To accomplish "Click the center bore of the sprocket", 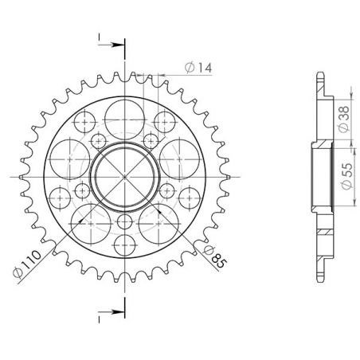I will point(124,176).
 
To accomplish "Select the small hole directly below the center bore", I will point(124,222).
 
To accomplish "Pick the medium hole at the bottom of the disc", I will point(124,245).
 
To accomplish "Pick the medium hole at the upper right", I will point(164,121).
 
